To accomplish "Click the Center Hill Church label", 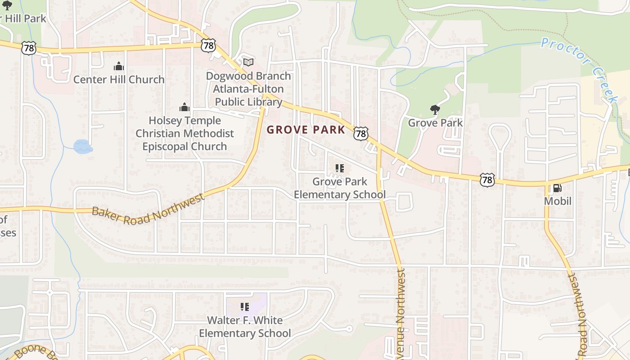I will click(119, 80).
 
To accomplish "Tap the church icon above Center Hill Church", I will click(119, 67).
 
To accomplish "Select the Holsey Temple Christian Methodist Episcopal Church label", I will click(184, 134).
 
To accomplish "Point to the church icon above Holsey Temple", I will click(184, 107).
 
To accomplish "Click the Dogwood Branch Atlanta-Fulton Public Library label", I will click(248, 89).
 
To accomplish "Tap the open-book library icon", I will click(248, 62).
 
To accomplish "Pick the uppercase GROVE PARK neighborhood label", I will click(306, 130).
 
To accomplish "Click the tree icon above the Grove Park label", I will click(435, 109).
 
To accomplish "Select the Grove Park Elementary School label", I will click(340, 188).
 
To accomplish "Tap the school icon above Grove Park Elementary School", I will click(340, 169).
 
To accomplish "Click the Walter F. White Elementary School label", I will click(245, 327).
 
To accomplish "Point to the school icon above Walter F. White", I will click(245, 307).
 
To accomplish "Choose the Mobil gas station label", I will click(558, 201).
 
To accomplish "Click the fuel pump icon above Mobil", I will click(557, 188).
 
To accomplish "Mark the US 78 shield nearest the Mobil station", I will click(487, 180).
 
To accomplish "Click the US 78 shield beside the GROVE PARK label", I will click(361, 133).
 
